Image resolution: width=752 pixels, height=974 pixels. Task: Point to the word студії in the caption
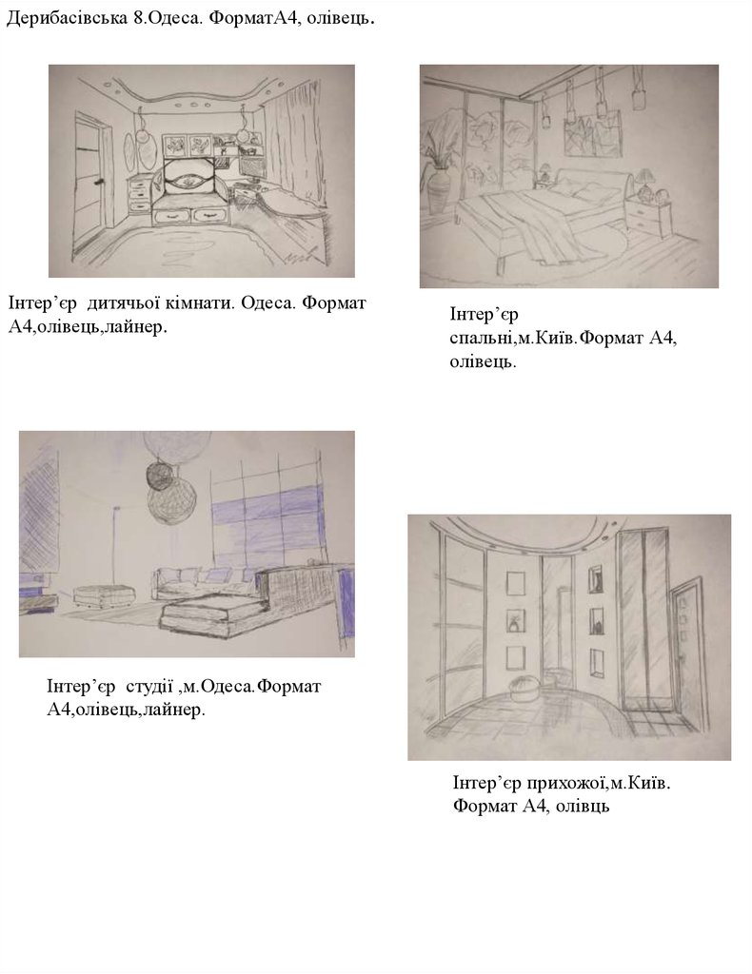pyautogui.click(x=148, y=687)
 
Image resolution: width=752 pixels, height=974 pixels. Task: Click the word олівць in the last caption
pyautogui.click(x=583, y=807)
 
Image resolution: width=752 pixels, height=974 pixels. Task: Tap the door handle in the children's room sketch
pyautogui.click(x=98, y=183)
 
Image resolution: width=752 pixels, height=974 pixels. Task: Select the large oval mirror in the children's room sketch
pyautogui.click(x=146, y=146)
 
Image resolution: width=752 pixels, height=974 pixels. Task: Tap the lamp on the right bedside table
pyautogui.click(x=643, y=183)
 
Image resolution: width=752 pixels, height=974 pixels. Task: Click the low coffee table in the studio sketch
pyautogui.click(x=208, y=615)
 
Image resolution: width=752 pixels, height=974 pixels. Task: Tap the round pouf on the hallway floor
pyautogui.click(x=524, y=690)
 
